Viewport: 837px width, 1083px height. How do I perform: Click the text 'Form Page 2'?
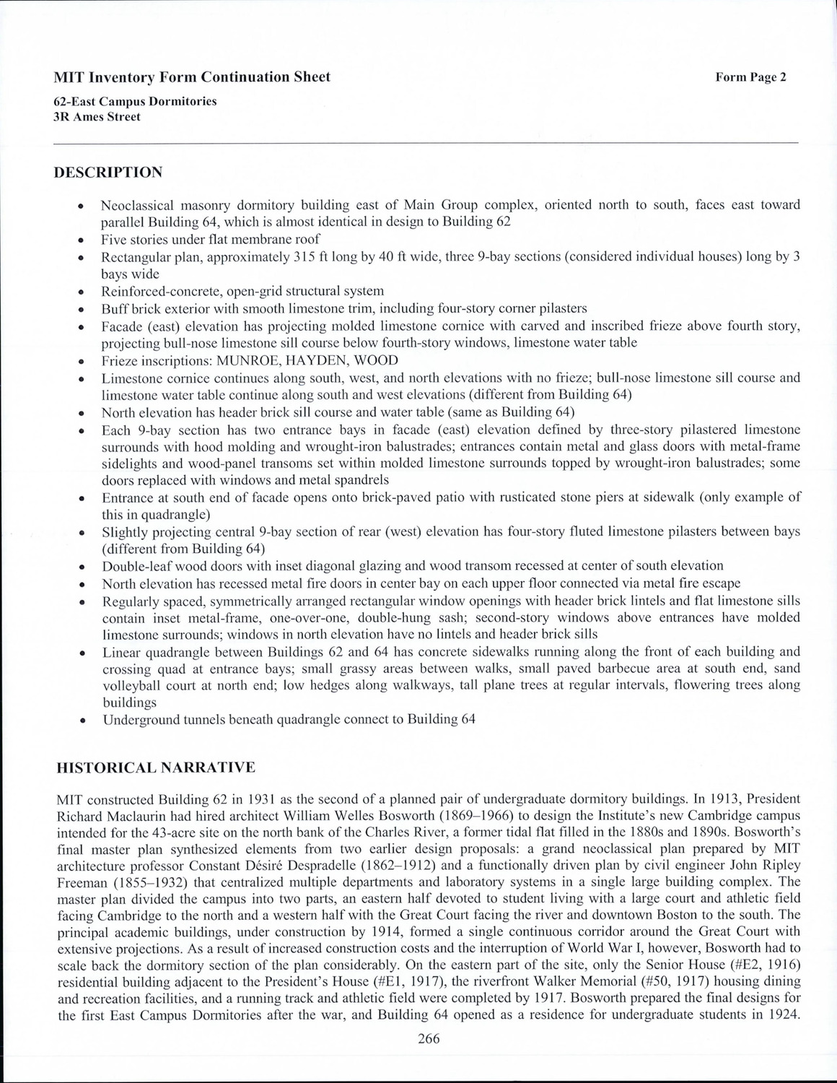[750, 78]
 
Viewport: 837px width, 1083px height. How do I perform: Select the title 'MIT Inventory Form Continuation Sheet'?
[192, 77]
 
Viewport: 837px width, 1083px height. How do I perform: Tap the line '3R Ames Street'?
[97, 116]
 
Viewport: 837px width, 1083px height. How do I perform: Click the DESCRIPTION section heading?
[108, 173]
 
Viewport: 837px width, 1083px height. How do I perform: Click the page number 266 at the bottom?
[429, 1039]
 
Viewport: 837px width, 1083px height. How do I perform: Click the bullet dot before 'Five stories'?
[82, 240]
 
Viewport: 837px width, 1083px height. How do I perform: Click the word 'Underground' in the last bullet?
[139, 720]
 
